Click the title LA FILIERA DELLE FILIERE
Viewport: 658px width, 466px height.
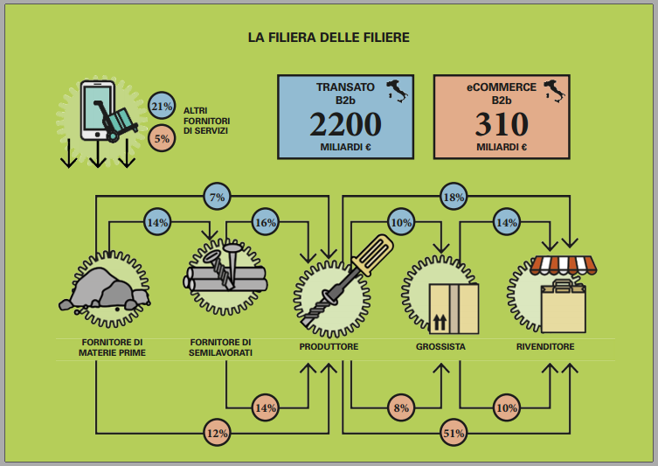click(x=329, y=38)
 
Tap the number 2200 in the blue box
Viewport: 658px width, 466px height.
click(x=345, y=124)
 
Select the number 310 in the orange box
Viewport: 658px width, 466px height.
click(x=502, y=124)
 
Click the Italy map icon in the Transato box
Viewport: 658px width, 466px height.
click(x=397, y=91)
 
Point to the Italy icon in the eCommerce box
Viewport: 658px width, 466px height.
click(x=554, y=91)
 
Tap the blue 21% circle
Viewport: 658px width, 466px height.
click(x=162, y=106)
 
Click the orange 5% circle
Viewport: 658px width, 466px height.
click(x=162, y=138)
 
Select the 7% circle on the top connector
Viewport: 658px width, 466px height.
click(x=217, y=197)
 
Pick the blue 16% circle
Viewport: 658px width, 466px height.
click(x=266, y=222)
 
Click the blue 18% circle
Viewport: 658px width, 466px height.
click(x=454, y=197)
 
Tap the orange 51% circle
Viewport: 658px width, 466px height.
click(x=454, y=433)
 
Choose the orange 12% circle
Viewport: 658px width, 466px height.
click(x=217, y=433)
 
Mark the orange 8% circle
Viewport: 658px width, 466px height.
click(x=401, y=407)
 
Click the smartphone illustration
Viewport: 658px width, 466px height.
click(x=97, y=110)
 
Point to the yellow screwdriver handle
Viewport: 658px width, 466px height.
click(x=373, y=254)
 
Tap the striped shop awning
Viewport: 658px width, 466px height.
click(x=563, y=265)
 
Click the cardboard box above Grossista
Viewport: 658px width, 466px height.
click(x=454, y=309)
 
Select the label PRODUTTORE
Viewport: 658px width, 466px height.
click(x=329, y=347)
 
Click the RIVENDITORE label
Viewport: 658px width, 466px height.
click(x=545, y=347)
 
